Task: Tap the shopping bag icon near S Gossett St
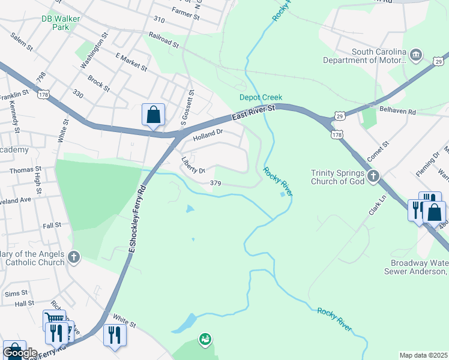[x=152, y=114]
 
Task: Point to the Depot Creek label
[x=261, y=97]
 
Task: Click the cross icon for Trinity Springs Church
[x=373, y=176]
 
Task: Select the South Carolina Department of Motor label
[x=363, y=56]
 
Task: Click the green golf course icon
[x=205, y=340]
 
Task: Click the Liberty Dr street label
[x=193, y=166]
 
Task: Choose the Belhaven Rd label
[x=398, y=112]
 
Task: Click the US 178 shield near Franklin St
[x=43, y=94]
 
